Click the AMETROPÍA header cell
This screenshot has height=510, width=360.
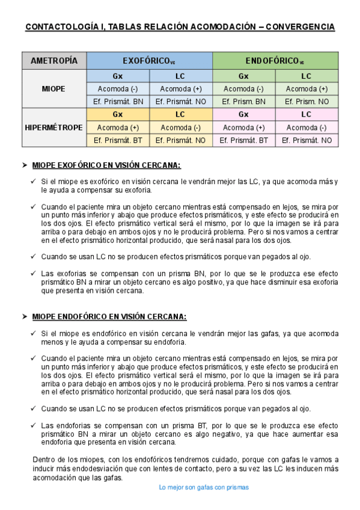54,61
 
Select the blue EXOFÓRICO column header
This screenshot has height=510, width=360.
149,61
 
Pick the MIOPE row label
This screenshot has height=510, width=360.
54,88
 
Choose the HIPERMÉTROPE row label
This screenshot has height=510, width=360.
54,127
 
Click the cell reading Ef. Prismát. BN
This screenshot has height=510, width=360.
118,102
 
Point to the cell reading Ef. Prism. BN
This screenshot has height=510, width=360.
243,102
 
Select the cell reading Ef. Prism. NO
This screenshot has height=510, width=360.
307,102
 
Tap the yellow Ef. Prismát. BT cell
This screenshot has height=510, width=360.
118,140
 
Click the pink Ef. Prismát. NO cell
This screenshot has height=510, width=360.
307,140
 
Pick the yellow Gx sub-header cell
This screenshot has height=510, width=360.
118,114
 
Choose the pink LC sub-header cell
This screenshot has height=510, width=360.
307,114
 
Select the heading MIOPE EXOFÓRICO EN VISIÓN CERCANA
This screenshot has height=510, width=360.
106,165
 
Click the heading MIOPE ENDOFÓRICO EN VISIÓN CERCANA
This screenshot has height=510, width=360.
109,316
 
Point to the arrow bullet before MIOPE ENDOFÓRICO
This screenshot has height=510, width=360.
25,316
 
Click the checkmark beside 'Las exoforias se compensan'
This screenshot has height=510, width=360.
34,273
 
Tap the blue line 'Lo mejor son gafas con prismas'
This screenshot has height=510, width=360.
204,487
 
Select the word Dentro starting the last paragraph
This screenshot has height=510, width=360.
42,459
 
